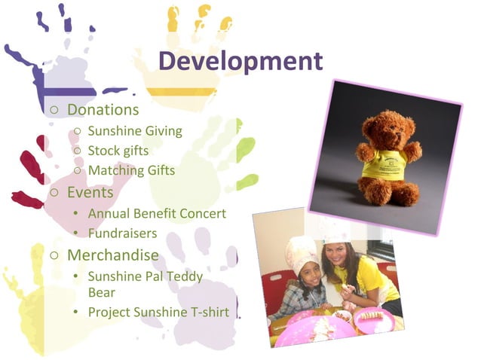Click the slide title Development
pos(242,61)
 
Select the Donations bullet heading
pos(103,110)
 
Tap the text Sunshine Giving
pos(135,131)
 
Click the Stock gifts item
pos(118,151)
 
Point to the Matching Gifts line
pos(131,170)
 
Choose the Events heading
pos(90,192)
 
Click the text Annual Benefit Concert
pos(157,214)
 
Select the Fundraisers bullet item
pos(122,233)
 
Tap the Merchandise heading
pos(112,255)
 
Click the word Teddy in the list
pos(187,276)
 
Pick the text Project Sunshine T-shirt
pos(158,311)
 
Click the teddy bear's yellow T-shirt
pos(387,163)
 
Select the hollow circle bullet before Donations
pos(54,111)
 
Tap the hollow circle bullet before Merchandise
pos(54,255)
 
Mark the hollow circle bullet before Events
pos(54,193)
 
